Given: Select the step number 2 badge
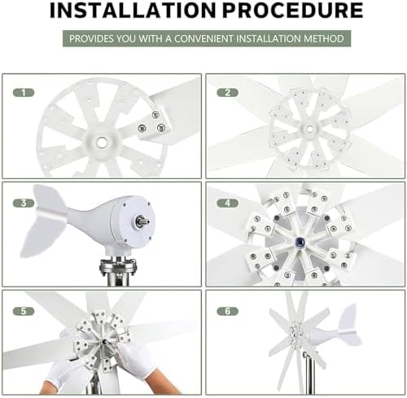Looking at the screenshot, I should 228,93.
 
